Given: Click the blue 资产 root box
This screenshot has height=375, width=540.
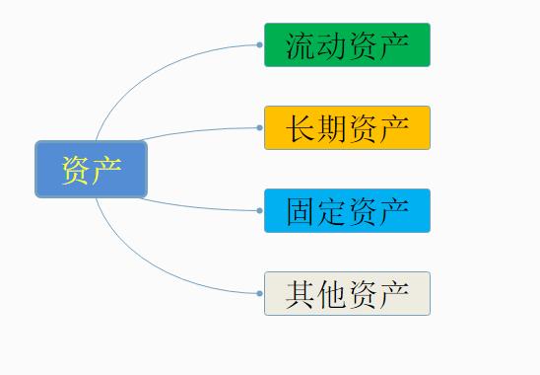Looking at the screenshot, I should [91, 169].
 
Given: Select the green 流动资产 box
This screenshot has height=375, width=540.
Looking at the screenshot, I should [347, 45].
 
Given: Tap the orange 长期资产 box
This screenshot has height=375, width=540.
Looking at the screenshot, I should [347, 128].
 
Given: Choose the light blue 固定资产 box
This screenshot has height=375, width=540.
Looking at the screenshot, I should [347, 211].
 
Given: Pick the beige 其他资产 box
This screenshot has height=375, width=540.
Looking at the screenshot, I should [347, 294].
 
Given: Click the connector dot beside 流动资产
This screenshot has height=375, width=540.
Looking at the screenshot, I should [259, 44].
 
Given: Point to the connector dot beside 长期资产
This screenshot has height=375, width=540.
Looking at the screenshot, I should [259, 127].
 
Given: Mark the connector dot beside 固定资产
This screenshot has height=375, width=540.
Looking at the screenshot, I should [259, 210].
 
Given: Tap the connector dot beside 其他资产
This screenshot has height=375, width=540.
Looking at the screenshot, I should [259, 293].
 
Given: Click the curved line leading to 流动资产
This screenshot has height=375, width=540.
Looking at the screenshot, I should [148, 74].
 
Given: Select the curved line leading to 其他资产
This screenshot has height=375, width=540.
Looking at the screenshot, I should [148, 264].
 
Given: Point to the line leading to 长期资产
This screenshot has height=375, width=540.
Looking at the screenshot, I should [197, 131].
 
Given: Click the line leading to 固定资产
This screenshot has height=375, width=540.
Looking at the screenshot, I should [197, 207].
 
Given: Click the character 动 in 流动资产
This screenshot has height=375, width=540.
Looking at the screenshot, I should [332, 45].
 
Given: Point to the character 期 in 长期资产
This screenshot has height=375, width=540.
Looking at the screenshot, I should [332, 128].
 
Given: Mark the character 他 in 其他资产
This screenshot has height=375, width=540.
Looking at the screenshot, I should [332, 294].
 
